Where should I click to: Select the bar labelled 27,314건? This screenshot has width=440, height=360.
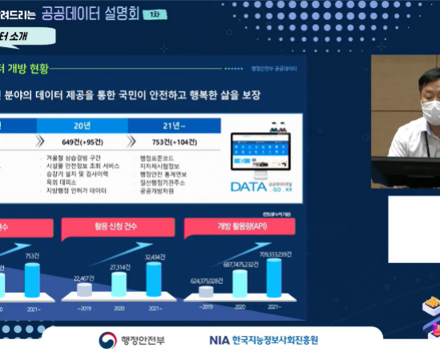[119, 285]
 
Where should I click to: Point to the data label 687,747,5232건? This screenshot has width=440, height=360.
[237, 263]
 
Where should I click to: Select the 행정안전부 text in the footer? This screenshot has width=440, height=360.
[142, 340]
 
